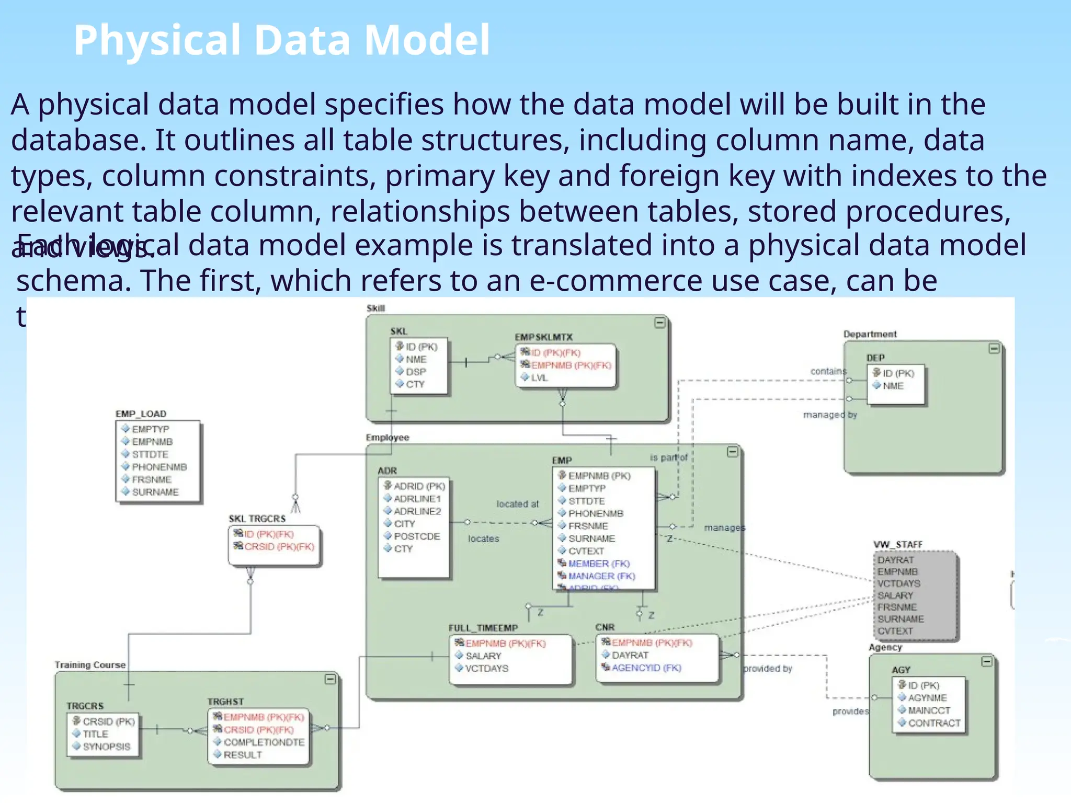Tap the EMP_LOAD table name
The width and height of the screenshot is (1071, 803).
(141, 414)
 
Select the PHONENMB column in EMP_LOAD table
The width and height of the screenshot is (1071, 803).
(159, 467)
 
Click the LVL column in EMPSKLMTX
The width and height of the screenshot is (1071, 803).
(539, 377)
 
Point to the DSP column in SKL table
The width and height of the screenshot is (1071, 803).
(416, 372)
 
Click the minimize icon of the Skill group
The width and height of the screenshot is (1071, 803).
(660, 323)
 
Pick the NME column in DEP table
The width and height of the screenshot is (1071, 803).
(893, 386)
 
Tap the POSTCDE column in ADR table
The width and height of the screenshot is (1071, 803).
(417, 536)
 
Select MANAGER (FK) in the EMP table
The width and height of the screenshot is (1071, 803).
(601, 576)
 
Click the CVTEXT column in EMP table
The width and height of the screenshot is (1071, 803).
(586, 551)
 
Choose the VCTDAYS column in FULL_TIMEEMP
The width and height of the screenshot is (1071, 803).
(486, 668)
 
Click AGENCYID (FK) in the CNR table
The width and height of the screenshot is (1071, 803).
(646, 668)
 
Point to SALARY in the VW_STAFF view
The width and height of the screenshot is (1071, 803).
(895, 595)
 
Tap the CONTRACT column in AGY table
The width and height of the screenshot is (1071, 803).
(934, 723)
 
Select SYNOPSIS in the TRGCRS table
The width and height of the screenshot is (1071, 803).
(106, 747)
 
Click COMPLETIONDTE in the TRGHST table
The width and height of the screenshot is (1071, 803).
(264, 742)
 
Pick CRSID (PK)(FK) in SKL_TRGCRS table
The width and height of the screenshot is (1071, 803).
(279, 547)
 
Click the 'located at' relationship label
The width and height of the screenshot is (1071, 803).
(517, 504)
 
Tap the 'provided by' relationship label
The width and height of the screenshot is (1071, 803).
(767, 669)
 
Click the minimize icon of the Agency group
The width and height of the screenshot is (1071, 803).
(986, 662)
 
